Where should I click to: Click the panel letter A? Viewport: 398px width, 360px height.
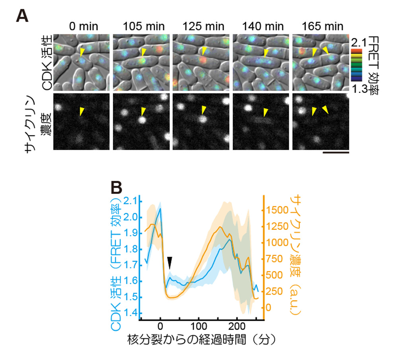pyautogui.click(x=23, y=16)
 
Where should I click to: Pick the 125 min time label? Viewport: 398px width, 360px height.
pyautogui.click(x=202, y=27)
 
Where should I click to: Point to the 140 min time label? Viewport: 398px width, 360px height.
pyautogui.click(x=262, y=27)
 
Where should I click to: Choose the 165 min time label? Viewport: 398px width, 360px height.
pyautogui.click(x=322, y=27)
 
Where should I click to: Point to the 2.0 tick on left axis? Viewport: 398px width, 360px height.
pyautogui.click(x=133, y=218)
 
